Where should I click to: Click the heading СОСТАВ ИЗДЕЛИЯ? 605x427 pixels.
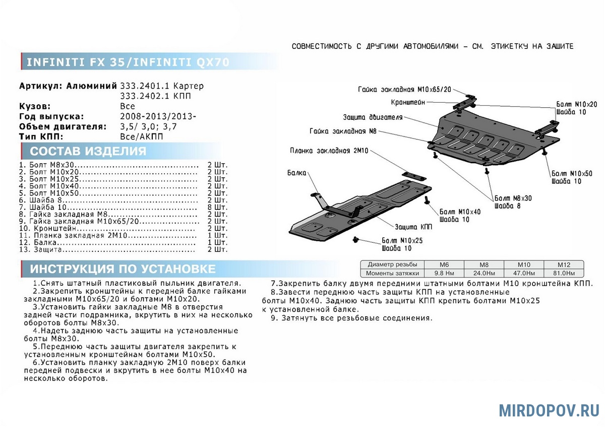tap(88, 152)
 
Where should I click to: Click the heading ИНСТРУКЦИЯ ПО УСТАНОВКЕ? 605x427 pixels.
tap(123, 269)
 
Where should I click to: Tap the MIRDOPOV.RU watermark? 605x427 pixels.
tap(549, 410)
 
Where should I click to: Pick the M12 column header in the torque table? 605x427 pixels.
tap(564, 264)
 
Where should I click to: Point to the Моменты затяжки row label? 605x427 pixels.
tap(393, 273)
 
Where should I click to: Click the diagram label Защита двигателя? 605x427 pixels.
tap(373, 117)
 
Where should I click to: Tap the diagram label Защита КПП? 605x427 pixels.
tap(413, 227)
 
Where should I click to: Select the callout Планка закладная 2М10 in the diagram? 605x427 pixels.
tap(329, 151)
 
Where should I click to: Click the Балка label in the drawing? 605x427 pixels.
tap(297, 173)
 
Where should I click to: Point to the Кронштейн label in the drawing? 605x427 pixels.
tap(408, 102)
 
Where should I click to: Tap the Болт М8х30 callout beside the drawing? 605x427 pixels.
tap(513, 198)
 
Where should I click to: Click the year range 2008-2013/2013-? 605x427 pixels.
tap(158, 116)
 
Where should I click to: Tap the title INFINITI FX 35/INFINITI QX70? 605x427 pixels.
tap(128, 62)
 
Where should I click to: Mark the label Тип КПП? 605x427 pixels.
tap(41, 136)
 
